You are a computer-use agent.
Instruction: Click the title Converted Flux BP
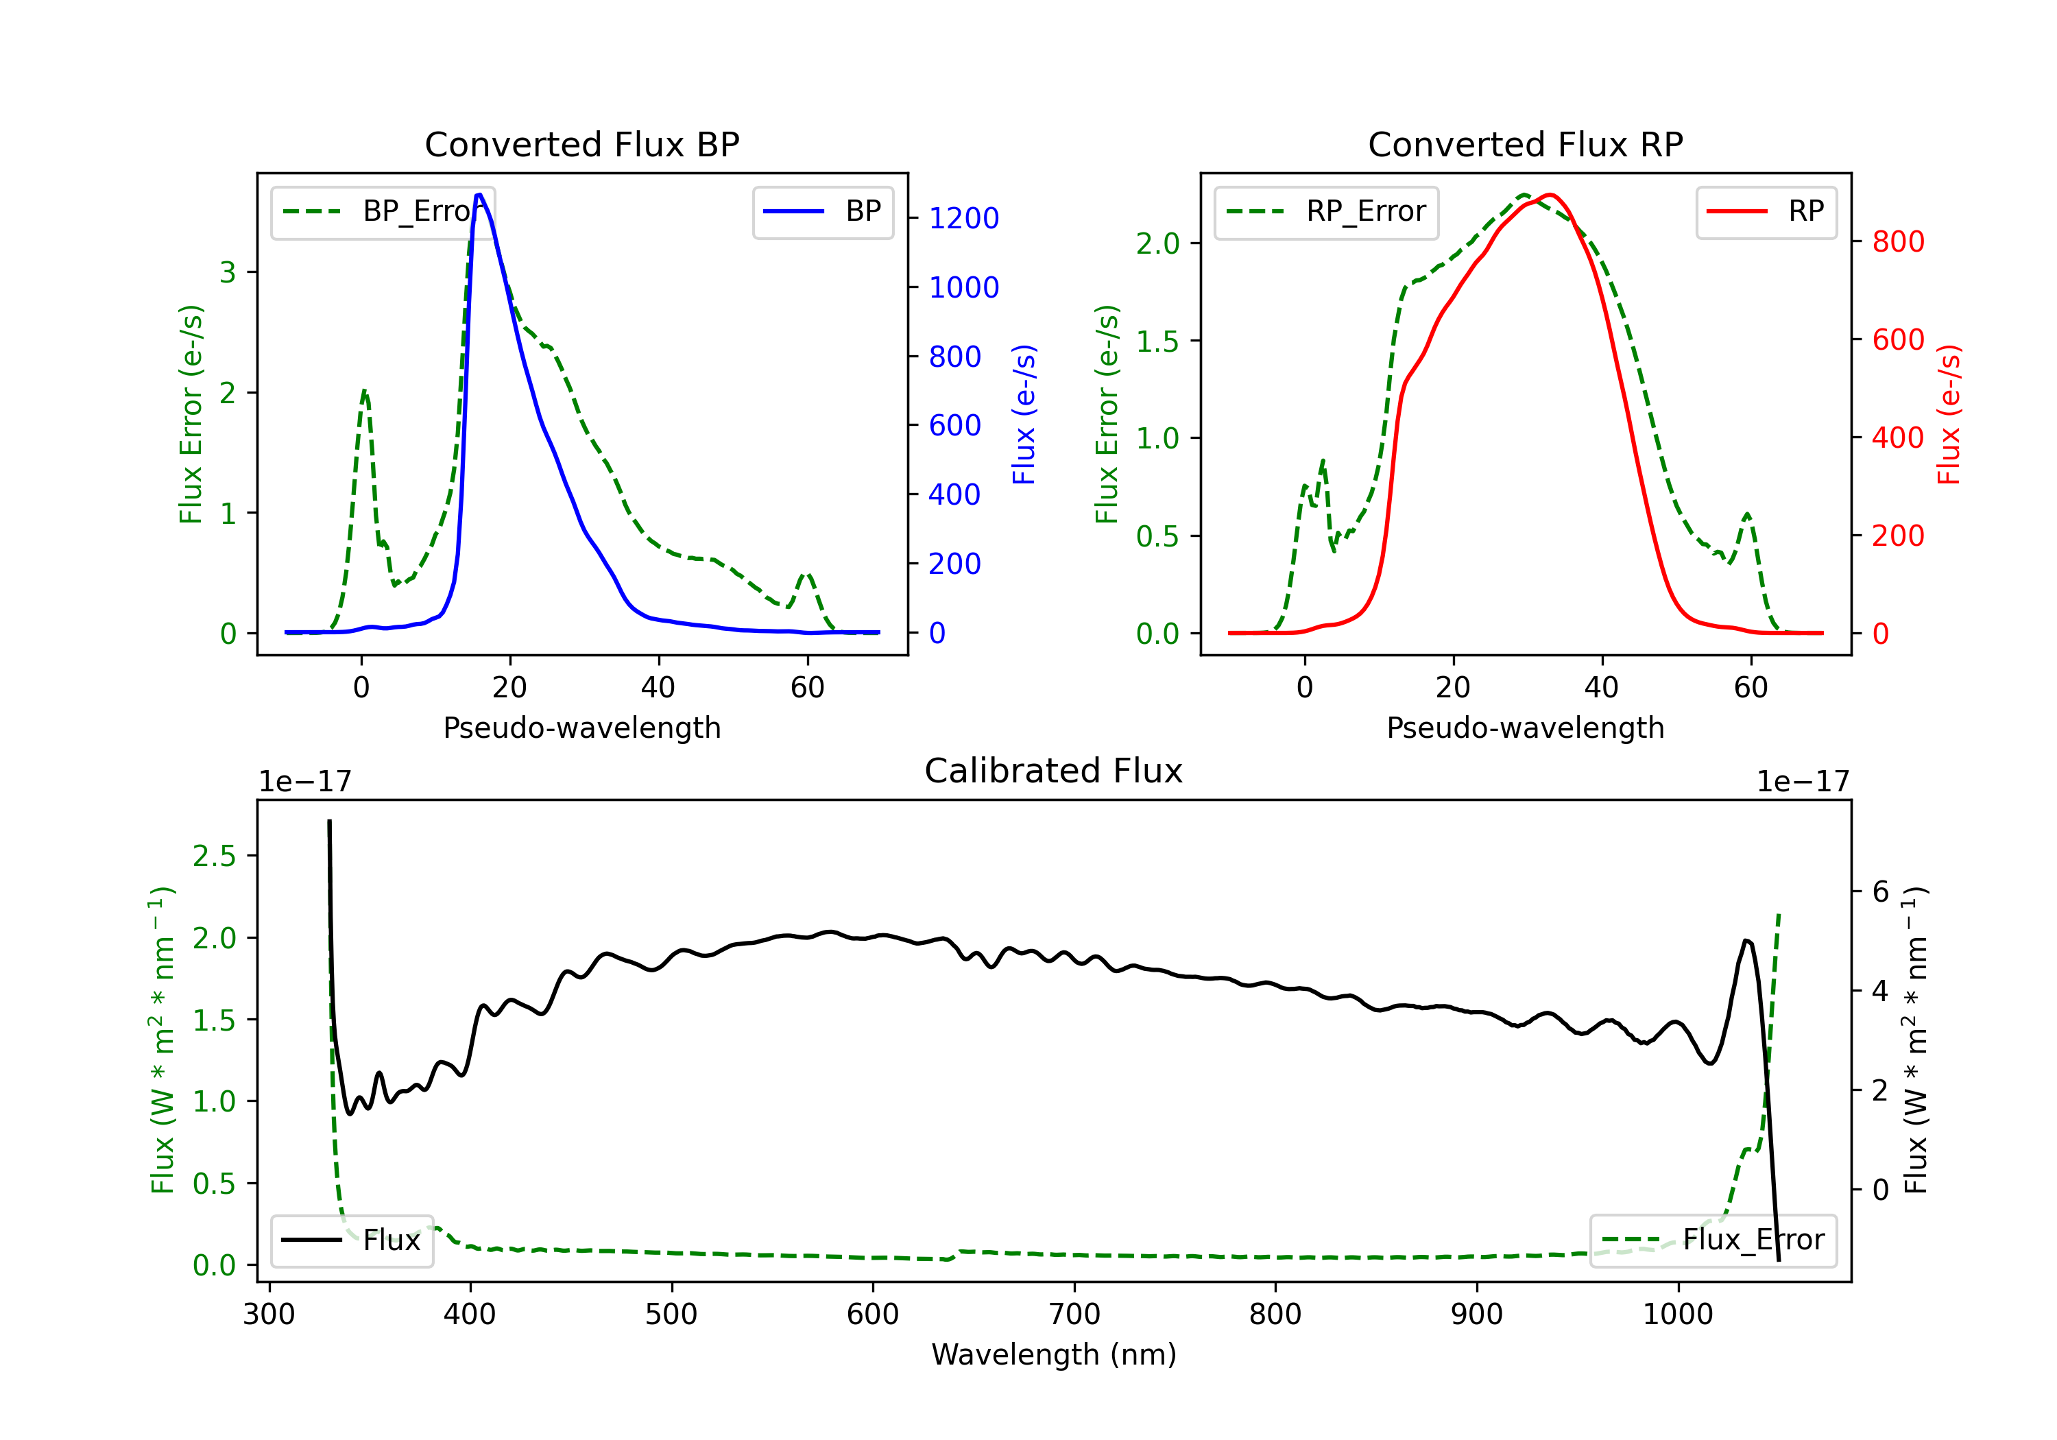(x=581, y=144)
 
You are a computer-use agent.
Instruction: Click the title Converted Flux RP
(x=1525, y=144)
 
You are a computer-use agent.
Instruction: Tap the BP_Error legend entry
(x=383, y=211)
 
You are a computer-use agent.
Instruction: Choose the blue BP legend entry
(x=822, y=211)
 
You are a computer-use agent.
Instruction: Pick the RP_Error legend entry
(x=1326, y=211)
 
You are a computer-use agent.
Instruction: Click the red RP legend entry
(x=1766, y=211)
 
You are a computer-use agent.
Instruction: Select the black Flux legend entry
(x=352, y=1240)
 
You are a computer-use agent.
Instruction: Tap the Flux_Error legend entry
(x=1713, y=1240)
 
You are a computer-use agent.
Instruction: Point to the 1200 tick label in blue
(x=963, y=218)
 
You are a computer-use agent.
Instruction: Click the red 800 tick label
(x=1897, y=241)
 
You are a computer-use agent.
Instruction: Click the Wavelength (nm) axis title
(x=1054, y=1354)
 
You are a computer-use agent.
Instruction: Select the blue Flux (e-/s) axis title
(x=1024, y=414)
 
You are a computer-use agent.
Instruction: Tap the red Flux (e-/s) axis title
(x=1949, y=414)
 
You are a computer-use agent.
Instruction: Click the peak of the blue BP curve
(x=479, y=195)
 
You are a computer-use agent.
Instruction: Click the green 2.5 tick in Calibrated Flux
(x=214, y=856)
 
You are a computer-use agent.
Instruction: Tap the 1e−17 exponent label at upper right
(x=1803, y=782)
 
